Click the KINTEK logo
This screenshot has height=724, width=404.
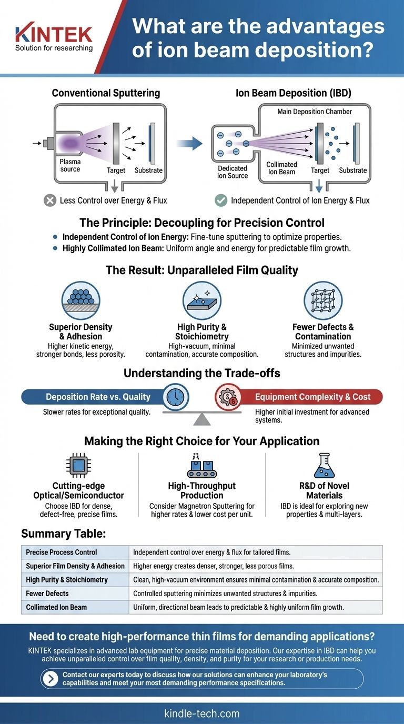click(x=54, y=34)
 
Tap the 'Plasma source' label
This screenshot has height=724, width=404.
click(x=70, y=166)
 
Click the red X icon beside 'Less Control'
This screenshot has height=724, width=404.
click(x=50, y=200)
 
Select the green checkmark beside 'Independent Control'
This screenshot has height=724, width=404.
click(x=221, y=200)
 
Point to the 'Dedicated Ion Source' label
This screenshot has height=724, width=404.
click(x=233, y=172)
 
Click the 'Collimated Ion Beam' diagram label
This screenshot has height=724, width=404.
click(x=281, y=168)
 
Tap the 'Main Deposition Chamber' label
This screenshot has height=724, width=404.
click(x=315, y=112)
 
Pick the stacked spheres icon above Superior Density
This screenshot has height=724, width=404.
click(x=80, y=300)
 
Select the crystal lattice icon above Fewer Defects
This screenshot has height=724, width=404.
click(x=323, y=300)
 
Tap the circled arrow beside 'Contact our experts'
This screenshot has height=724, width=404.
click(x=50, y=679)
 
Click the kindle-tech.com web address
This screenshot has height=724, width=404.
click(x=202, y=713)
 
